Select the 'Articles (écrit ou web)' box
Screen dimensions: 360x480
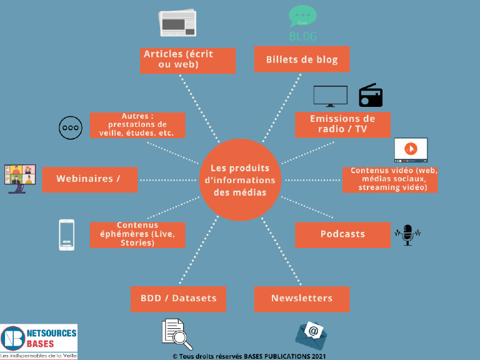click(187, 60)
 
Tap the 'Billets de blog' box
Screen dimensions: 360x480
click(302, 59)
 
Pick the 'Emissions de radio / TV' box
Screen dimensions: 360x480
click(342, 124)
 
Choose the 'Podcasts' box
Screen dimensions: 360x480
click(342, 234)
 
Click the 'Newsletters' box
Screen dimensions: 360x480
click(302, 299)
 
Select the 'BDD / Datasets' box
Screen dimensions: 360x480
click(178, 299)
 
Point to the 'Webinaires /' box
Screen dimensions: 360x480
click(90, 179)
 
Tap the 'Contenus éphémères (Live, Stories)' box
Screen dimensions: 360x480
click(137, 234)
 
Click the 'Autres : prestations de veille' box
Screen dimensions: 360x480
click(137, 124)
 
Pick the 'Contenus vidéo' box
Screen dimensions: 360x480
click(390, 179)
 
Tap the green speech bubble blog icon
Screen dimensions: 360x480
click(303, 16)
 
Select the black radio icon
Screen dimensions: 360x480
click(370, 96)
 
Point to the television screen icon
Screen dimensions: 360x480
click(330, 96)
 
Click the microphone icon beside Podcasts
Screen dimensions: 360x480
click(407, 234)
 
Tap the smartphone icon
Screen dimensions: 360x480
click(66, 234)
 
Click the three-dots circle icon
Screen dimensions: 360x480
click(70, 127)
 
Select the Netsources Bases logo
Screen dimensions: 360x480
click(39, 341)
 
